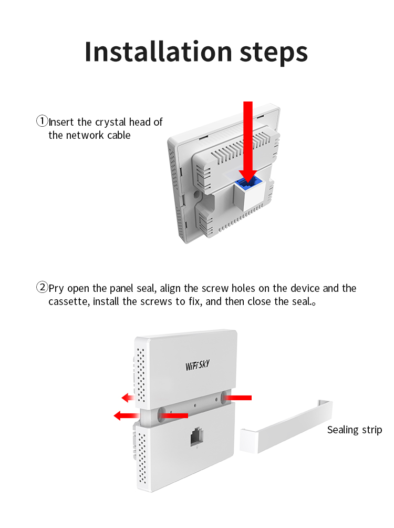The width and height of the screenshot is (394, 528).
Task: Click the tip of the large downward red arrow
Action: point(248,185)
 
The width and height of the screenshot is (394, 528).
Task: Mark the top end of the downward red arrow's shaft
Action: point(248,101)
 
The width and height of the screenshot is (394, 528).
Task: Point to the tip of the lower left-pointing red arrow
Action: point(114,415)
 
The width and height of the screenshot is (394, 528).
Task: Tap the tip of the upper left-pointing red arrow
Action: point(122,398)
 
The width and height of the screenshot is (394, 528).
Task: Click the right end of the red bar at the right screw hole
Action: point(251,398)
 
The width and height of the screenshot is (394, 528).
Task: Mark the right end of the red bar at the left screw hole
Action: point(188,415)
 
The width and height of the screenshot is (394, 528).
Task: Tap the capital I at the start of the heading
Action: point(88,52)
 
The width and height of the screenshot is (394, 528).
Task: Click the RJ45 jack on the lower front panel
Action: point(197,436)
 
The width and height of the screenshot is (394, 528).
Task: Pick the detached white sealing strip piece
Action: point(286,427)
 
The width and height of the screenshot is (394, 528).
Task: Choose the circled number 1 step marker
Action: point(42,121)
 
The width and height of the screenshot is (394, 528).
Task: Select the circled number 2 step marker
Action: point(42,287)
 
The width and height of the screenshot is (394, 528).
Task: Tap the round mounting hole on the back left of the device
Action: point(195,194)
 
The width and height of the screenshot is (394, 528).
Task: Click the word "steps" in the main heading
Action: point(274,53)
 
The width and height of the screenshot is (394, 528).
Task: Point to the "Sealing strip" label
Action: point(355,430)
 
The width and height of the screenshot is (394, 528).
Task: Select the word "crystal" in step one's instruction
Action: point(111,122)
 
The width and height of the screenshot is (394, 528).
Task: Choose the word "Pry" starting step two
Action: point(56,289)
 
